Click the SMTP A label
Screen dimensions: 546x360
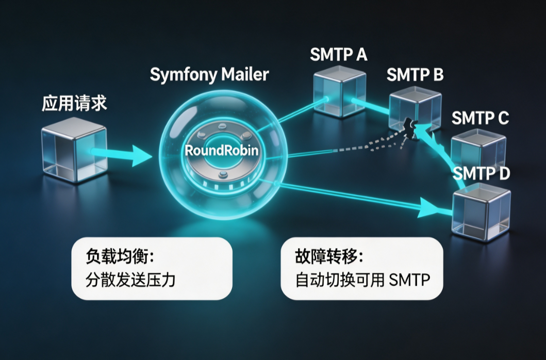338,55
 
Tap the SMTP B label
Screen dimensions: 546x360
415,75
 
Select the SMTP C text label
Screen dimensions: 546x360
480,118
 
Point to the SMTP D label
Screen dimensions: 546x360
481,173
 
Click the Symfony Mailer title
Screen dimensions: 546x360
209,75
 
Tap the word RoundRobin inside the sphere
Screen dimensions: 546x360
222,150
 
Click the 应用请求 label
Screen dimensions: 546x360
74,103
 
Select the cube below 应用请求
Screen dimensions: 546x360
74,150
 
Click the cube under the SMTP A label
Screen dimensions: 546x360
339,91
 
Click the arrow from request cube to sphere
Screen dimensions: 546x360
121,154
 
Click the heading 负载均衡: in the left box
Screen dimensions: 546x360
120,257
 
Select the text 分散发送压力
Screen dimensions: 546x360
130,280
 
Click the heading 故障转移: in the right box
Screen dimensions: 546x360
329,257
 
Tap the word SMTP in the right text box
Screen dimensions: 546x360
409,280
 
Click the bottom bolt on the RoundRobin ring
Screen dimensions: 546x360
223,174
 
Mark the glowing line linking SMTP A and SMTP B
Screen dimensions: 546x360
371,106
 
